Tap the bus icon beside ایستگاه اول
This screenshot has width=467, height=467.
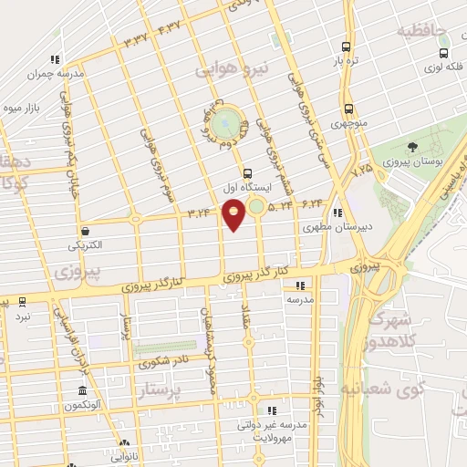(x=248, y=172)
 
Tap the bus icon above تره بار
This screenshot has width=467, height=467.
(x=346, y=47)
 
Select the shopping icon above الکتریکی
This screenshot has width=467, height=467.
(x=85, y=231)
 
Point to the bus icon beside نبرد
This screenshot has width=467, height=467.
(x=21, y=301)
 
